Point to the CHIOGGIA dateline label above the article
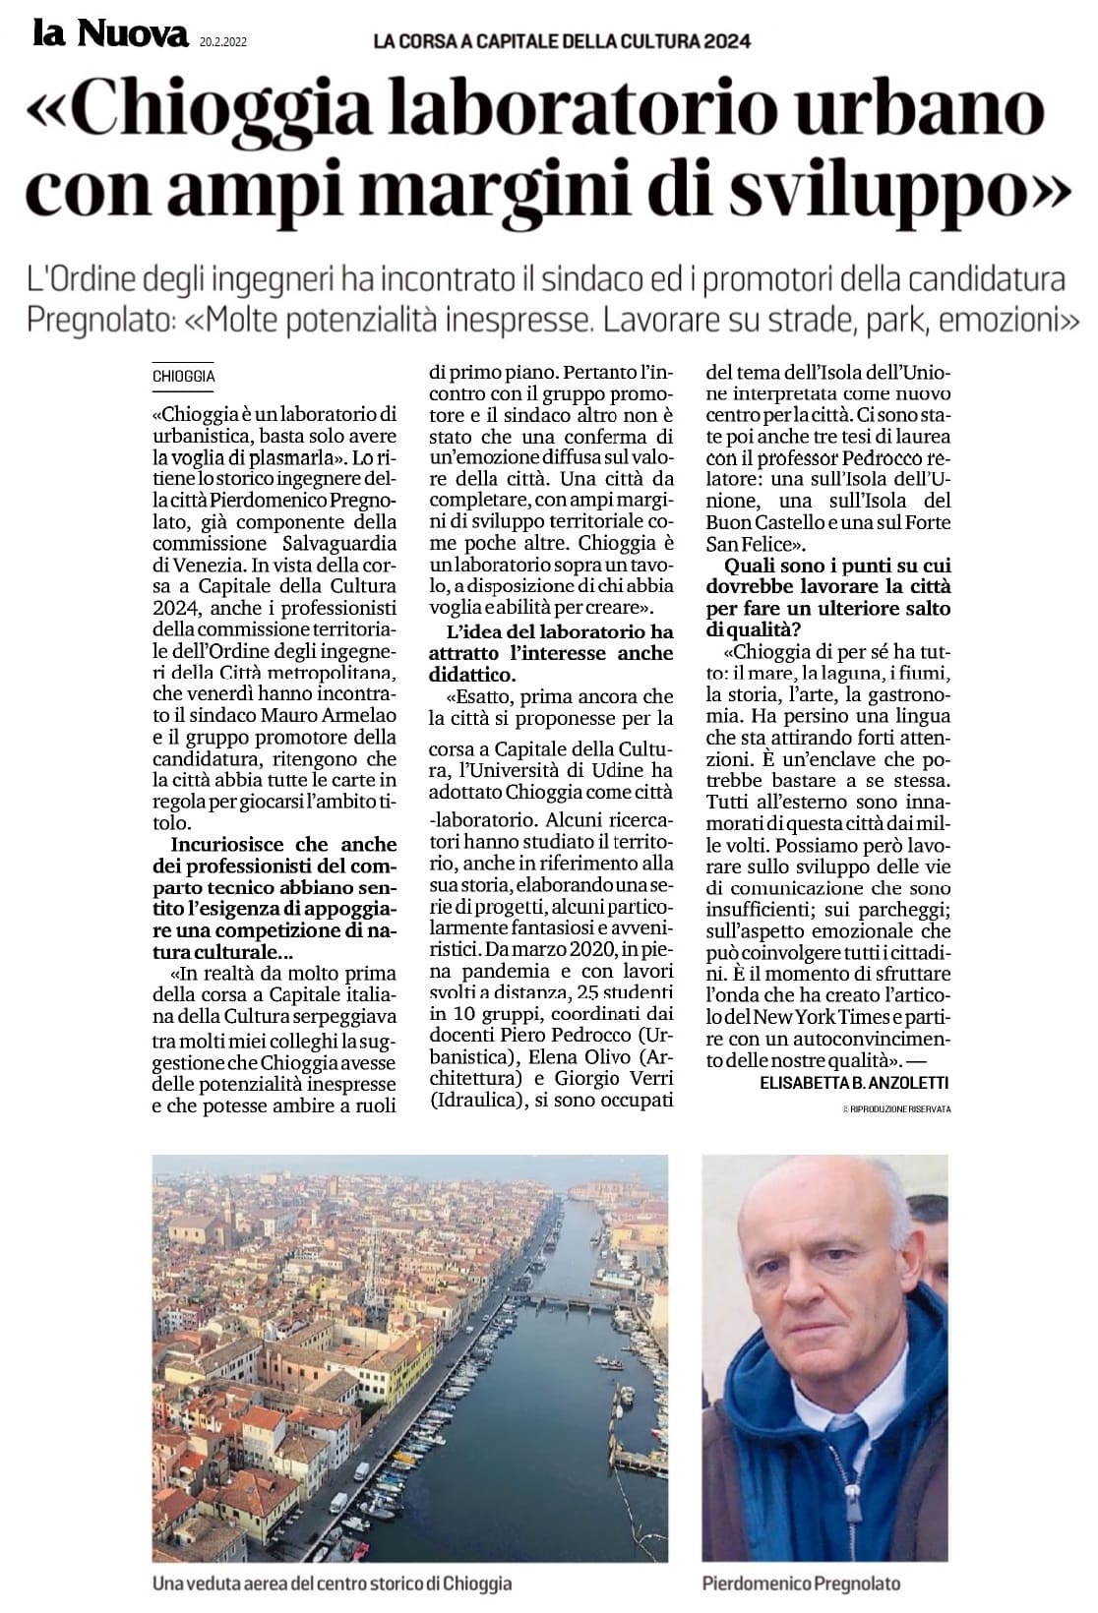pos(184,376)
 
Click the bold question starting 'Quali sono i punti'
pos(837,567)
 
